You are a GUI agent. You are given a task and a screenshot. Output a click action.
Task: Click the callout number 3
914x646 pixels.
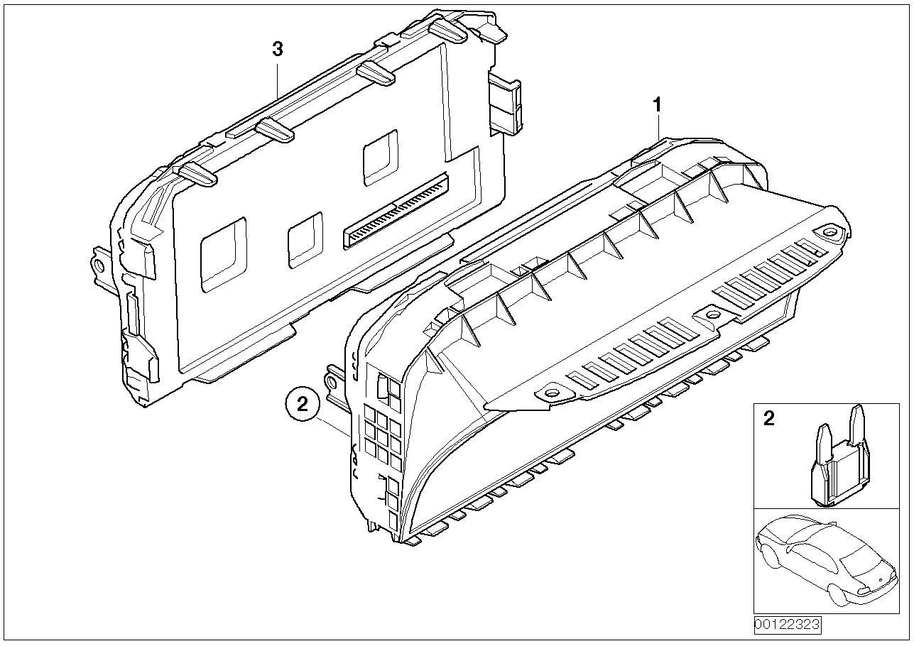278,49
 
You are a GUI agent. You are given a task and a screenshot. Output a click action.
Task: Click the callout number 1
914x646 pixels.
658,104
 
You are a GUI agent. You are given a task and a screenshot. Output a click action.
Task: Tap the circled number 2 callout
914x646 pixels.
303,405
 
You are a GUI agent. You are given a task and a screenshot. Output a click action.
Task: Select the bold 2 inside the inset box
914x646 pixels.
768,419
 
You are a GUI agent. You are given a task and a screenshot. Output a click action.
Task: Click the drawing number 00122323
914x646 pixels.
787,625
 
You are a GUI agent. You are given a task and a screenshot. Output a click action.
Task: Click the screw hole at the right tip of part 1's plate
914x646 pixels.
829,231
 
